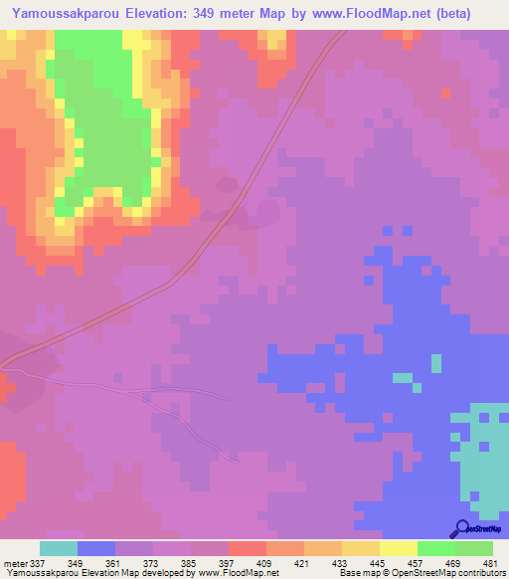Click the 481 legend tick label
pyautogui.click(x=489, y=562)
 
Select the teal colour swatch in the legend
pyautogui.click(x=58, y=548)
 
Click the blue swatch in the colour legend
pyautogui.click(x=96, y=548)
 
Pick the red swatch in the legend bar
pyautogui.click(x=248, y=548)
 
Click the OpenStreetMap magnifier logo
pyautogui.click(x=461, y=528)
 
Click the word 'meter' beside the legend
pyautogui.click(x=15, y=562)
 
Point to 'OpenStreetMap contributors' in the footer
pyautogui.click(x=456, y=573)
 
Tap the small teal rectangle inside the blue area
pyautogui.click(x=402, y=378)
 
